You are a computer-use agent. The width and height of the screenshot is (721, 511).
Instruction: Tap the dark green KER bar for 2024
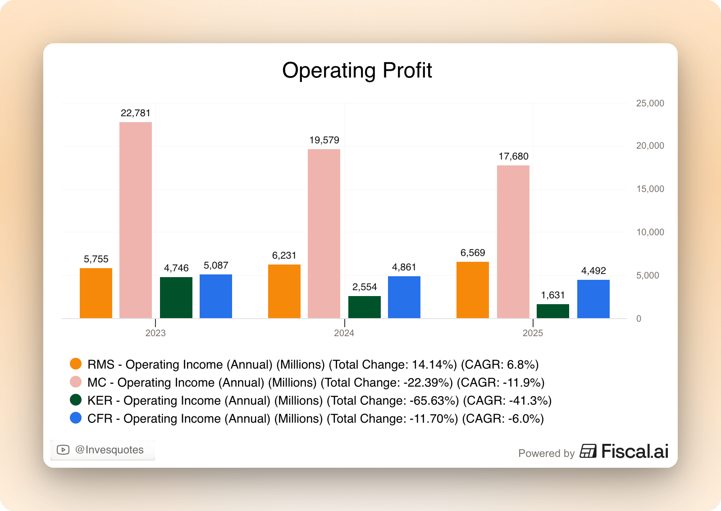click(x=365, y=307)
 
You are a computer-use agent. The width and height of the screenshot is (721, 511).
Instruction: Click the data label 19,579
click(x=324, y=140)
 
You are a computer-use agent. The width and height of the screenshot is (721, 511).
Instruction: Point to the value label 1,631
click(x=553, y=295)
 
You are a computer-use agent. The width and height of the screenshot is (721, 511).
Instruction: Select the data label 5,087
click(x=216, y=265)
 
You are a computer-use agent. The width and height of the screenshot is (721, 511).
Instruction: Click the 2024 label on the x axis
click(x=344, y=333)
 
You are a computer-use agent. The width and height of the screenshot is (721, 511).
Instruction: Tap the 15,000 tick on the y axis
click(x=650, y=189)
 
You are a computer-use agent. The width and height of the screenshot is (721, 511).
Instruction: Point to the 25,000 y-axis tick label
click(x=650, y=103)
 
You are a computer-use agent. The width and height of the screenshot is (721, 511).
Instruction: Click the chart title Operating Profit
click(x=357, y=71)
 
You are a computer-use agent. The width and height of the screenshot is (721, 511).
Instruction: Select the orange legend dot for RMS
click(x=76, y=364)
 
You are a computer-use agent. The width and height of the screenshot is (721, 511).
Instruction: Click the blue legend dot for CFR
click(x=76, y=418)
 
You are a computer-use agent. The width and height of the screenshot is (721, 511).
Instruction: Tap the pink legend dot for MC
click(x=76, y=382)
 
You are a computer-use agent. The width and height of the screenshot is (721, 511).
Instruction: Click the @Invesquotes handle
click(x=110, y=450)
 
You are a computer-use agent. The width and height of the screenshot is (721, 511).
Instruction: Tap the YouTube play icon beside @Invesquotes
click(x=63, y=450)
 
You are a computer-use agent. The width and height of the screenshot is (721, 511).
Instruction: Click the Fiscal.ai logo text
click(x=634, y=451)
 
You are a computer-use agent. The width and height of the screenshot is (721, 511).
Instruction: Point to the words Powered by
click(x=546, y=453)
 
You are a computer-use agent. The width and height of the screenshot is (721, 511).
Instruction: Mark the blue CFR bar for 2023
click(x=216, y=296)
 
